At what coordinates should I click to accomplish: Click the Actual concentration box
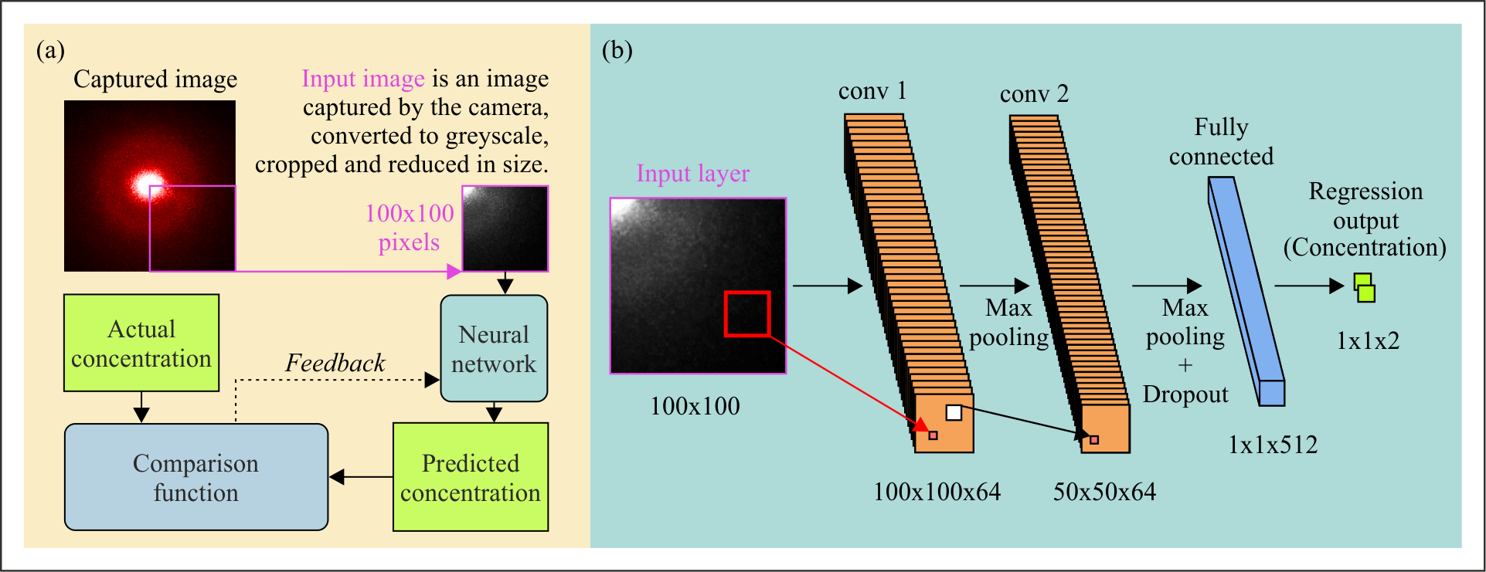[141, 343]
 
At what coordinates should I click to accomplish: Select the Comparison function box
[196, 477]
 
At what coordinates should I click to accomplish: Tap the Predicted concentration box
[471, 477]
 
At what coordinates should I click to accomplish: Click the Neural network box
[494, 349]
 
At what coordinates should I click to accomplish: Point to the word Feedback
[335, 363]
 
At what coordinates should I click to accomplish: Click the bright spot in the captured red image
[147, 184]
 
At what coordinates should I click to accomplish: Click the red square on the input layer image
[747, 314]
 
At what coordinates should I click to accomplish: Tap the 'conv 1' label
[872, 91]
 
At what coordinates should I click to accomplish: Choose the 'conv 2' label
[1034, 94]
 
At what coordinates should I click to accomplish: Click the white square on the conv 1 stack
[954, 413]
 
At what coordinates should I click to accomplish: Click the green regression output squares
[1365, 287]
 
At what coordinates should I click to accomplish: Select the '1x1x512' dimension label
[1273, 445]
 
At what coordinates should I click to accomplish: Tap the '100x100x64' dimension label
[937, 492]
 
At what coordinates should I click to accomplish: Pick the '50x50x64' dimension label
[1104, 492]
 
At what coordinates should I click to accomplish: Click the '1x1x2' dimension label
[1368, 340]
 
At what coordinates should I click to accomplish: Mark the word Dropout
[1185, 394]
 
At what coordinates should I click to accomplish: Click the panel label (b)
[617, 50]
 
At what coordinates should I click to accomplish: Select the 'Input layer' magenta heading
[692, 174]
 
